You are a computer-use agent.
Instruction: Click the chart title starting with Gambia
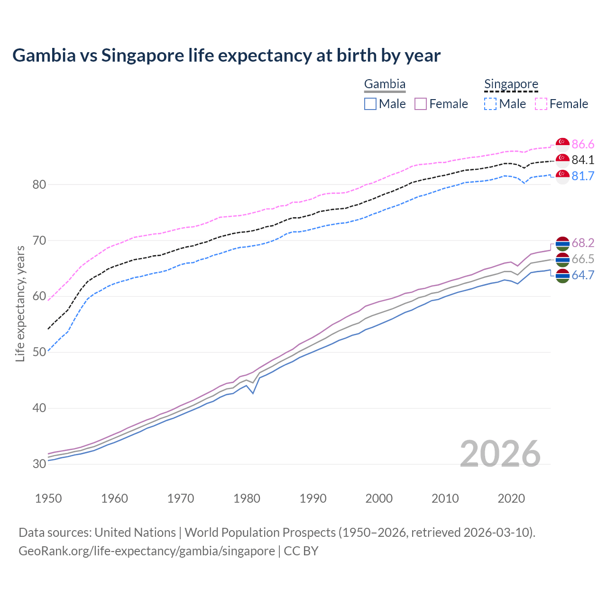pos(226,55)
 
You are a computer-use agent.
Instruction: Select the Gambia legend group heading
pos(385,84)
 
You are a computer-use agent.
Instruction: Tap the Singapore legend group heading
pos(511,84)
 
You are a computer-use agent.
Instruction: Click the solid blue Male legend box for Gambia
pos(370,104)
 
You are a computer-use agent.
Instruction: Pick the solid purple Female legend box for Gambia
pos(421,104)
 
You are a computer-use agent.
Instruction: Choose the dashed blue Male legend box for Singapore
pos(490,104)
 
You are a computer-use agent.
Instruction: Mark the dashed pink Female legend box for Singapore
pos(541,104)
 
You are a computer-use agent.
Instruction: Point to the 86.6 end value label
pos(583,144)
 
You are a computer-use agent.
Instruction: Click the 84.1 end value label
pos(583,160)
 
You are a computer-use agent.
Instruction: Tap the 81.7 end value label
pos(583,176)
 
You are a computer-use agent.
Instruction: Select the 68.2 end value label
pos(583,243)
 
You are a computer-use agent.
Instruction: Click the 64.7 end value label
pos(583,276)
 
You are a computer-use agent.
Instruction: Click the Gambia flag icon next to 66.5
pos(562,259)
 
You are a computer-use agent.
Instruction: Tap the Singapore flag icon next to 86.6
pos(562,144)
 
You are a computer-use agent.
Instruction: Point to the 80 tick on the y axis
pos(39,184)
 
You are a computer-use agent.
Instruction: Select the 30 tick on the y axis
pos(39,464)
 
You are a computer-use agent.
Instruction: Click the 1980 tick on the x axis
pos(247,498)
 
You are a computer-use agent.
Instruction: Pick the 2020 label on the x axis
pos(511,498)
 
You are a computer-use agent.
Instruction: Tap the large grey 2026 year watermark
pos(500,454)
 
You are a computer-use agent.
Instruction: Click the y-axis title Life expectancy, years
pos(20,303)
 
